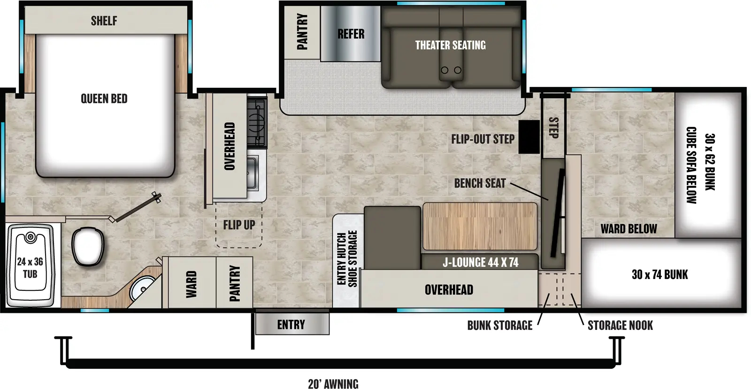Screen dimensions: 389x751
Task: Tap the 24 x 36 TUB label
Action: [30, 268]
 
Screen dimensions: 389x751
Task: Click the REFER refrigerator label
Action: [351, 34]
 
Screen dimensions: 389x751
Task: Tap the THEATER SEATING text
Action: [450, 45]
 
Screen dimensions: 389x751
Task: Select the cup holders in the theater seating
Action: [451, 70]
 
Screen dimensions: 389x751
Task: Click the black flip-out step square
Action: [529, 137]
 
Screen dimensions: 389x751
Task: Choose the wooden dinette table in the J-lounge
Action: [480, 226]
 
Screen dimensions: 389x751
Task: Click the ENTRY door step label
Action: [291, 325]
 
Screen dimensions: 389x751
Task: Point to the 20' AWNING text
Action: [333, 384]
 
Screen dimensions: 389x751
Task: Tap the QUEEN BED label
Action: [104, 99]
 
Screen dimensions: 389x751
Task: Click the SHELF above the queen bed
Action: [104, 21]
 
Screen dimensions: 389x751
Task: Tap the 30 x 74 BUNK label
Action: [659, 274]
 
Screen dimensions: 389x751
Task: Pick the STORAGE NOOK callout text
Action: [620, 325]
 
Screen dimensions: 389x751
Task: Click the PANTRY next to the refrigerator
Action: [302, 32]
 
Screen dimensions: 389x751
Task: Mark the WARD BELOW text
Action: [628, 229]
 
